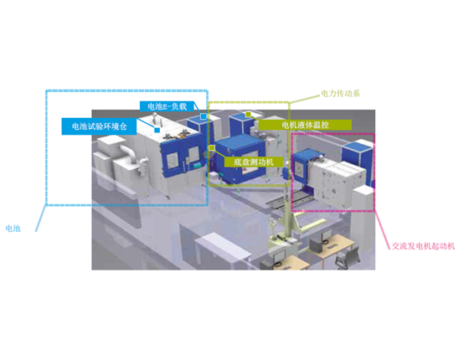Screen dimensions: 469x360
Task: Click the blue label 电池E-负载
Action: coord(167,106)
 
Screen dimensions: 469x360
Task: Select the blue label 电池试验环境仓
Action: coord(99,126)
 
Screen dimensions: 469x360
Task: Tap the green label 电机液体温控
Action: coord(305,125)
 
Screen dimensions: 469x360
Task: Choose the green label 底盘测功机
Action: coord(253,162)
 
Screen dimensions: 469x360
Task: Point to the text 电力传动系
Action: coord(340,93)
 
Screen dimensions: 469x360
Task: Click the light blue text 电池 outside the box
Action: coord(13,229)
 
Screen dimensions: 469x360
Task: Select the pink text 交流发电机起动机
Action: coord(423,246)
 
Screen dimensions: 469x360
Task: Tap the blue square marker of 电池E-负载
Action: coord(204,116)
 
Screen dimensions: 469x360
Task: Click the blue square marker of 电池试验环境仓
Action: coord(157,130)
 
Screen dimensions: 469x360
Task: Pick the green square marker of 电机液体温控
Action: coord(248,114)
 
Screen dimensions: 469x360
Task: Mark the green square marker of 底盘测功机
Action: coord(212,147)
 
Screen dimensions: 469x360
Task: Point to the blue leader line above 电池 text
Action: coord(41,218)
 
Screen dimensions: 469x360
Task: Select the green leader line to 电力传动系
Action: coord(304,99)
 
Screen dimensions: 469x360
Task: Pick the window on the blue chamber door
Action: coord(173,162)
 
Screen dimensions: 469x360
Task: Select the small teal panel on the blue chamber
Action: coord(197,165)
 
